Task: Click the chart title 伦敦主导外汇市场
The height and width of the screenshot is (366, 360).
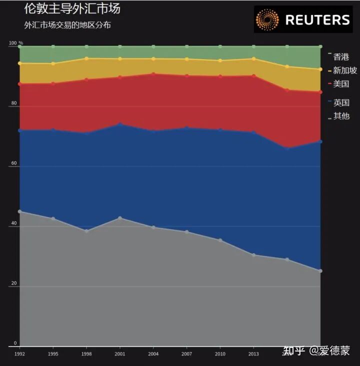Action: tap(72, 9)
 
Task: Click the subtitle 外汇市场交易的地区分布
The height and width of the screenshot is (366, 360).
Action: tap(67, 25)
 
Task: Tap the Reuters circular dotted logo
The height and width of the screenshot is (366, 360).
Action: tap(267, 19)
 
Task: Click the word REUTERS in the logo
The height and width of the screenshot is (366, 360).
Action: tap(317, 20)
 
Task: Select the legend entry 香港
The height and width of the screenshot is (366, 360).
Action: tap(341, 57)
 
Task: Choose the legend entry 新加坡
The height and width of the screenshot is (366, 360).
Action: tap(344, 70)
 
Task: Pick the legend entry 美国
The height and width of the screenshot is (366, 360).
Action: tap(341, 84)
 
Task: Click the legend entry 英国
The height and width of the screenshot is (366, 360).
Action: tap(341, 103)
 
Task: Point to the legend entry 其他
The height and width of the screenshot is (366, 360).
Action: tap(341, 116)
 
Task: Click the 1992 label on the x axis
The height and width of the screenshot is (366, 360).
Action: tap(19, 354)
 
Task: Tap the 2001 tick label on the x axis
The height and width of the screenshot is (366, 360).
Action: tap(119, 354)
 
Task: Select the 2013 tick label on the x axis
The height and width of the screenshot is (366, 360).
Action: tap(253, 354)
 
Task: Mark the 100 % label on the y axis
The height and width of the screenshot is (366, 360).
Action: tap(16, 43)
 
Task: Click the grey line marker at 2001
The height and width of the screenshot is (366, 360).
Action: tap(120, 218)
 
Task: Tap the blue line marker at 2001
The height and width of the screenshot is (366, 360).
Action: tap(120, 124)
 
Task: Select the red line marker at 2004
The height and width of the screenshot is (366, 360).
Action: tap(153, 74)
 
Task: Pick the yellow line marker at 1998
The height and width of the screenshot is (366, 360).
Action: tap(86, 58)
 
